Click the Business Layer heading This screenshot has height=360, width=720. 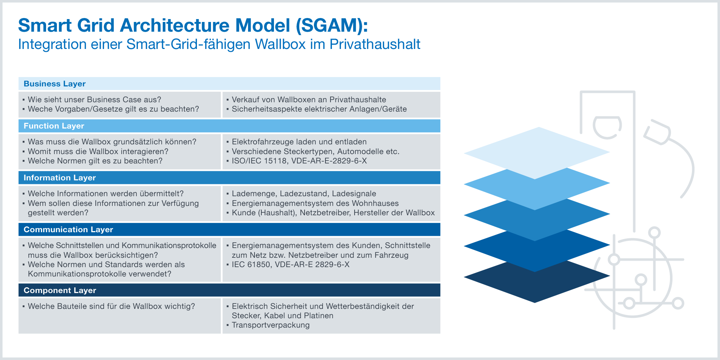point(55,84)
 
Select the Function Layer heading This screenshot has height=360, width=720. point(54,126)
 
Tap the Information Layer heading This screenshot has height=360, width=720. point(60,177)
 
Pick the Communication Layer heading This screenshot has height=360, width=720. point(68,229)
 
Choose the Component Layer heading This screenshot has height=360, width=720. point(60,290)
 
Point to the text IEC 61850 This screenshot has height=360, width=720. point(251,265)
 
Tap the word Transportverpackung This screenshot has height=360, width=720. point(271,325)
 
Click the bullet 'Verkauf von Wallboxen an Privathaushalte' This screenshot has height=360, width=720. point(309,100)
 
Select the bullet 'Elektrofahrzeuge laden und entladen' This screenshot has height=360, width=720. point(299,142)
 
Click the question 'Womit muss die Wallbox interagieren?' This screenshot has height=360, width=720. point(98,152)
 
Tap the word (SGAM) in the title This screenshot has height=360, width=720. point(332,25)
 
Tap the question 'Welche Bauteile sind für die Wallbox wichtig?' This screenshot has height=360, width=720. point(111,306)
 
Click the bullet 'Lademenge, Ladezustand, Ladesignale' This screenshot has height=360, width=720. point(304,194)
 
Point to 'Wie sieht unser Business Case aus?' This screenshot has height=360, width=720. point(94,100)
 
